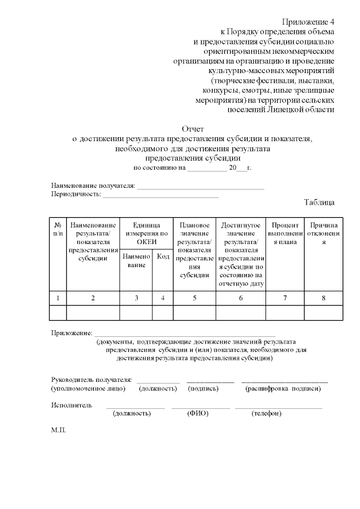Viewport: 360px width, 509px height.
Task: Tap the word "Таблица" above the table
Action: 319,202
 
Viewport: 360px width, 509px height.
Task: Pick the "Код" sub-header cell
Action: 163,256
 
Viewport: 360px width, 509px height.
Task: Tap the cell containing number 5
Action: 194,298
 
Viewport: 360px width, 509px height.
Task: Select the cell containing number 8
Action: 323,298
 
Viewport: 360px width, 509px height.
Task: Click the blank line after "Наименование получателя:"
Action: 201,186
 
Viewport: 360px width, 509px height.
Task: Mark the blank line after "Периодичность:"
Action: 160,195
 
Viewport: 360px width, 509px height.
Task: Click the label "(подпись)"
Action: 204,389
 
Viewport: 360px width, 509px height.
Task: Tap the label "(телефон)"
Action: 267,413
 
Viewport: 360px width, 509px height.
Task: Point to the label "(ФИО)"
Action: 197,413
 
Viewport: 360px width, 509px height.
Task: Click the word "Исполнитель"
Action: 71,405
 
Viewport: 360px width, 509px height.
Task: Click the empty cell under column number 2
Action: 93,312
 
